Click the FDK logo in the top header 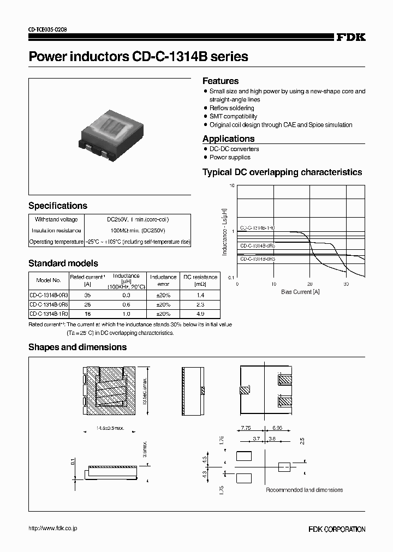[x=350, y=37]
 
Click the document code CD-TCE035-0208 [x=48, y=29]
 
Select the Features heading [x=221, y=81]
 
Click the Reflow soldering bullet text [x=232, y=108]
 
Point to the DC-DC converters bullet [x=234, y=149]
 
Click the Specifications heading [x=58, y=206]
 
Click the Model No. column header [x=48, y=280]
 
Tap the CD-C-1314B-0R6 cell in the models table [x=49, y=304]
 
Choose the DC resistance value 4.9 [x=200, y=314]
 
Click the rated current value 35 [x=87, y=295]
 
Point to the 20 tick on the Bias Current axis [x=309, y=284]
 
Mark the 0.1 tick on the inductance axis [x=231, y=278]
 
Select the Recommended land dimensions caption [x=304, y=490]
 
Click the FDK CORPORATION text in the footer [x=337, y=529]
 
